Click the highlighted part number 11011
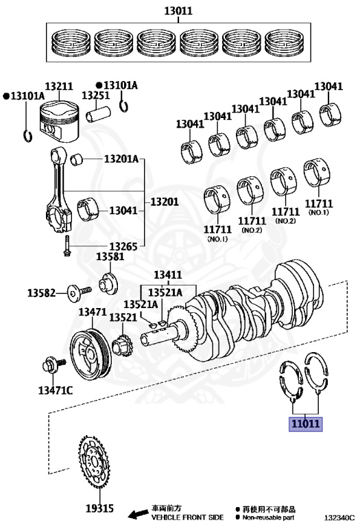coord(305,424)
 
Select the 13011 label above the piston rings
coord(178,11)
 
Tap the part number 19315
coord(99,508)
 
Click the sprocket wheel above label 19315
coord(95,462)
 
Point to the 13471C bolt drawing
coord(53,365)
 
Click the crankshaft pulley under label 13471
coord(90,355)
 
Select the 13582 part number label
coord(41,293)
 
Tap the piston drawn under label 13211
coord(59,121)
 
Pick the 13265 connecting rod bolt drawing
coord(67,246)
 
